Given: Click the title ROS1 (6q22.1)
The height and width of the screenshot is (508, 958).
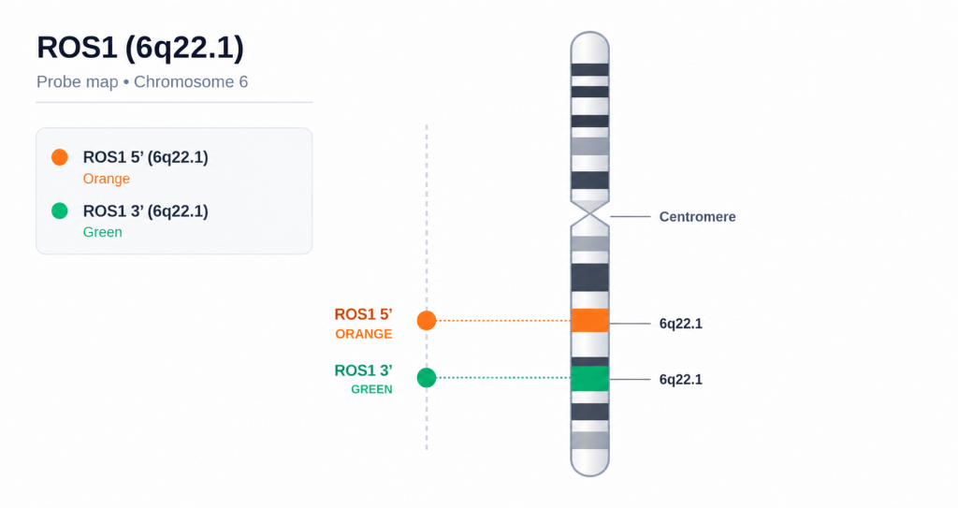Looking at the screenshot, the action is tap(140, 49).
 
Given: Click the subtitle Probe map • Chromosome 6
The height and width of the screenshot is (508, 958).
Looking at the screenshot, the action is tap(142, 82).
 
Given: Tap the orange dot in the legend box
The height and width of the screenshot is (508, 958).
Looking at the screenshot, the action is tap(60, 157).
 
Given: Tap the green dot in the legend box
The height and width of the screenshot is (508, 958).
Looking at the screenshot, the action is tap(60, 210).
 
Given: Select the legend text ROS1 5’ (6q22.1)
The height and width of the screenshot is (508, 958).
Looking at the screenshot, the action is tap(145, 157).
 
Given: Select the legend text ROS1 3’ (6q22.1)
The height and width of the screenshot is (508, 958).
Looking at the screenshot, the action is tap(145, 210).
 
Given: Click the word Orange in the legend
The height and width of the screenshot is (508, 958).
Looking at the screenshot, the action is tap(107, 179).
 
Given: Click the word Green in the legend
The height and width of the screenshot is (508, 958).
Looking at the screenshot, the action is tap(103, 232).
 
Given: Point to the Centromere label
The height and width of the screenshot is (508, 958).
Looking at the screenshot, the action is tap(697, 217).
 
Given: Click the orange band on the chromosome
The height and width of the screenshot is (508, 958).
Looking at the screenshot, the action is tap(589, 320).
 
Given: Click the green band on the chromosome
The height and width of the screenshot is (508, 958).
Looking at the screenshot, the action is tap(589, 378).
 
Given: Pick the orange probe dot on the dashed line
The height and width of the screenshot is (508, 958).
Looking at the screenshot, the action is tap(427, 320).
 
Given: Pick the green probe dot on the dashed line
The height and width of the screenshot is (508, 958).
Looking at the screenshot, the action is tap(427, 378).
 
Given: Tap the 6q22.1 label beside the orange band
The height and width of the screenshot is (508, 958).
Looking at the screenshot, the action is tap(681, 324).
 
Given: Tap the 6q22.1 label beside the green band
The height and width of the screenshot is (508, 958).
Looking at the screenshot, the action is tap(681, 380).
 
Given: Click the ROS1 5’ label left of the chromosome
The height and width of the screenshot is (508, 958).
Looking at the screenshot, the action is tap(363, 314).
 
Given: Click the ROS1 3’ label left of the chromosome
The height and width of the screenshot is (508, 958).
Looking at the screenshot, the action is tap(363, 370).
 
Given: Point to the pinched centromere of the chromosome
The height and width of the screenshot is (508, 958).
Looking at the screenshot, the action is tap(589, 213).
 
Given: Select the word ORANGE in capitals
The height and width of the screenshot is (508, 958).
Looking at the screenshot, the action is tap(364, 334).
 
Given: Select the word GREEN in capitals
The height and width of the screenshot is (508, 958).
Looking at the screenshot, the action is tap(371, 389).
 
